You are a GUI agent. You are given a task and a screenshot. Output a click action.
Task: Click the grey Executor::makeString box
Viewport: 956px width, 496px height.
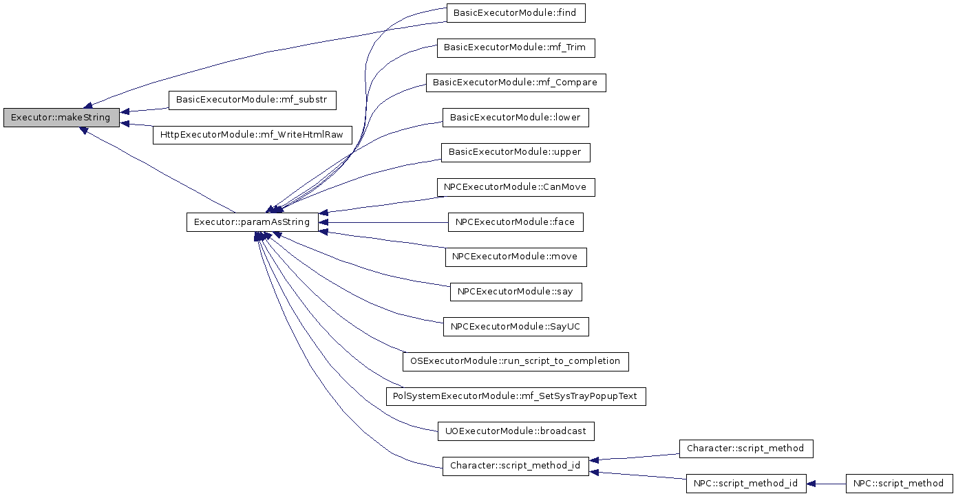61,117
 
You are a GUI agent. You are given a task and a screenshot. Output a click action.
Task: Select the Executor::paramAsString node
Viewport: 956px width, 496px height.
252,222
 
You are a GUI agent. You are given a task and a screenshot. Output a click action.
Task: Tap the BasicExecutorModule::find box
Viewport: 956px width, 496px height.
516,13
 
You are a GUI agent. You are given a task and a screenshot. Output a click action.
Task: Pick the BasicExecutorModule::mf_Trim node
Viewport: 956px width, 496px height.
516,47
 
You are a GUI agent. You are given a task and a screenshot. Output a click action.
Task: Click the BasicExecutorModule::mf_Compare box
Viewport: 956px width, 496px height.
516,83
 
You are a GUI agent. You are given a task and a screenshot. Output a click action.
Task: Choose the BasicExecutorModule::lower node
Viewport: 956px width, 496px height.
516,117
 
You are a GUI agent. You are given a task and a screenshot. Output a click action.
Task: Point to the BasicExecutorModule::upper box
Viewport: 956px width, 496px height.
516,152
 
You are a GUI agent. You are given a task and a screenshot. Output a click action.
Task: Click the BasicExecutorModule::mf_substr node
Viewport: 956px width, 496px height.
252,100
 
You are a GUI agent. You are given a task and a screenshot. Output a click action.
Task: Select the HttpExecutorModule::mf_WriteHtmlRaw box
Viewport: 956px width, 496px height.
252,135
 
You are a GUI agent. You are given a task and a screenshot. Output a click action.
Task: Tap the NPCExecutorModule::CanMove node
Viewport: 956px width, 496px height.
516,187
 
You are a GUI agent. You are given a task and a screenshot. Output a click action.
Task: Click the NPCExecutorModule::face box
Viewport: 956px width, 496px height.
516,222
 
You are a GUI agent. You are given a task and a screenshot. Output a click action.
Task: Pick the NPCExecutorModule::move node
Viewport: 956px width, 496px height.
516,257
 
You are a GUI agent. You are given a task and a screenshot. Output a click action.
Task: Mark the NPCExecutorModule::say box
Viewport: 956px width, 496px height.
516,292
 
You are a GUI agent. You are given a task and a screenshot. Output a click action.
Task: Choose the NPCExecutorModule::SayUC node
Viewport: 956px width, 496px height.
516,327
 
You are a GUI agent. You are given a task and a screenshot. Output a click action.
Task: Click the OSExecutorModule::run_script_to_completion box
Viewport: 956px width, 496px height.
516,362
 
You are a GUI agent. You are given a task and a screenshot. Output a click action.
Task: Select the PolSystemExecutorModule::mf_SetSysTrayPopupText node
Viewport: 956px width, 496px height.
516,396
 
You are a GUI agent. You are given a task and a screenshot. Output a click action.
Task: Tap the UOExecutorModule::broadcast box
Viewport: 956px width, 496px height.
516,431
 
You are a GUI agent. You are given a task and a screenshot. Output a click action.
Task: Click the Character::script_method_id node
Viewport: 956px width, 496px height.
516,466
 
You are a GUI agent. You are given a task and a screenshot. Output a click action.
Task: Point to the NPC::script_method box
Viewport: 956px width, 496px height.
899,484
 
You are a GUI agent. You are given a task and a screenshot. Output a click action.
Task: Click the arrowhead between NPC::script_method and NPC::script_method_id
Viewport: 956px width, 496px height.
811,484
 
